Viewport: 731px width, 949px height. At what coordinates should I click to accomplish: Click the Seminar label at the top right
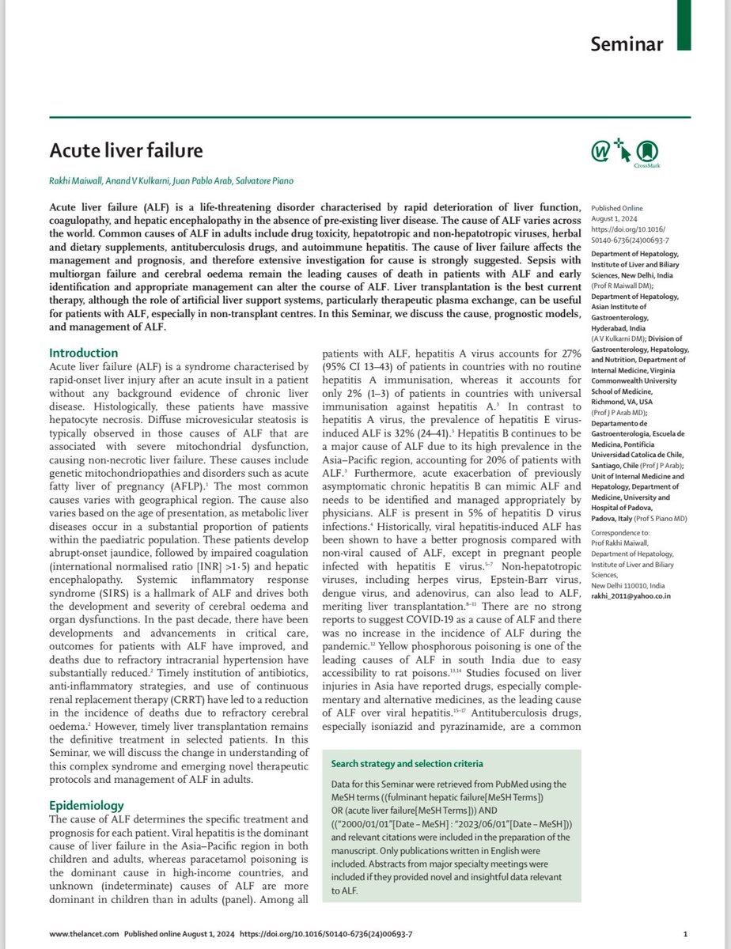tap(628, 45)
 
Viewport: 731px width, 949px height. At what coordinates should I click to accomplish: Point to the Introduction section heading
tap(84, 353)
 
